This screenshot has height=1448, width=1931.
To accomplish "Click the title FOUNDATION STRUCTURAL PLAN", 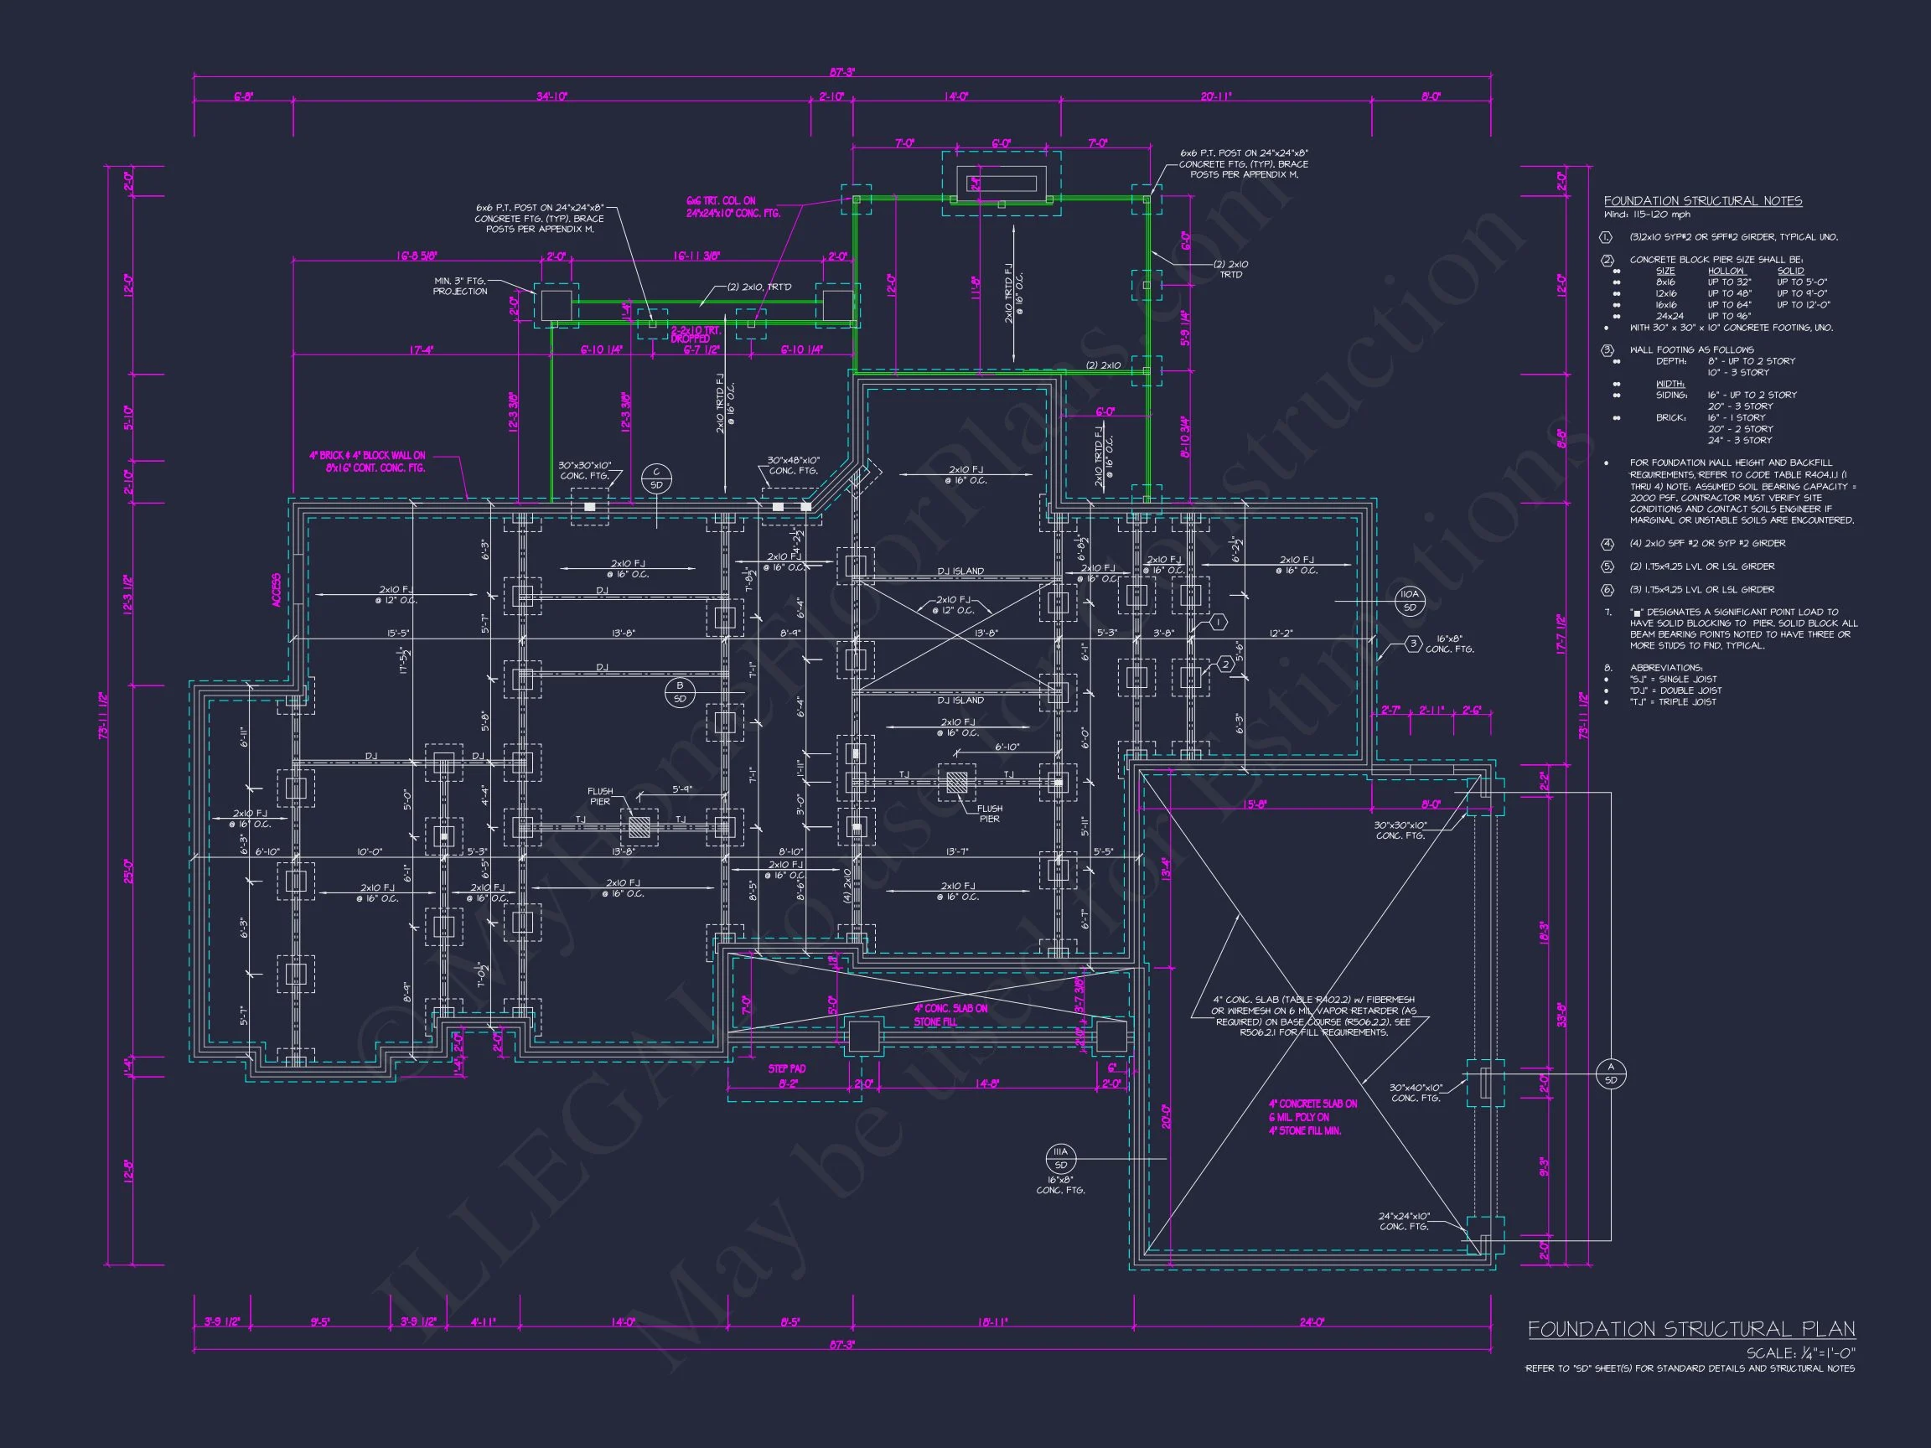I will coord(1691,1329).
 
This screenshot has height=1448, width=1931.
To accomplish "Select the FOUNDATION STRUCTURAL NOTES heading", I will coord(1702,201).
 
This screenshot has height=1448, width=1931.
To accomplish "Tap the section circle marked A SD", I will coord(1611,1073).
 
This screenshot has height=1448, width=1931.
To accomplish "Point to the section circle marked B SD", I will coord(679,692).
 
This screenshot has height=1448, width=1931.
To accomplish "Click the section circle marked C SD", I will coord(656,478).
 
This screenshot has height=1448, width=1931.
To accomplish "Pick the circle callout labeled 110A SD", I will coord(1410,601).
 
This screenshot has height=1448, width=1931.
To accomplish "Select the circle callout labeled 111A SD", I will coord(1061,1158).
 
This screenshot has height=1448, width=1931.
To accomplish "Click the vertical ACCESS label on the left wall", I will coord(277,591).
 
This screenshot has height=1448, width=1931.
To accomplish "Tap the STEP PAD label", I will coord(786,1068).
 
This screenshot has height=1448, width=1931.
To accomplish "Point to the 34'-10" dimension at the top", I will coord(551,96).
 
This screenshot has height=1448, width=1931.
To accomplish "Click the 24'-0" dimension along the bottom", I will coord(1311,1322).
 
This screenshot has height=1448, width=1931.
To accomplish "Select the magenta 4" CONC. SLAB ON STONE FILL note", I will coord(950,1014).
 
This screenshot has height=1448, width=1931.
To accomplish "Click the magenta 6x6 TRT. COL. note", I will coord(733,207).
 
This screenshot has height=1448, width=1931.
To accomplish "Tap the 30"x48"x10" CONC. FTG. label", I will coord(793,465).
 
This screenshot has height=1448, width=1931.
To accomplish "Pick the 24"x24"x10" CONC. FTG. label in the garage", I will coord(1404,1221).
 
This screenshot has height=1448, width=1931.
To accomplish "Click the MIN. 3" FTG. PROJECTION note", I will coord(460,287).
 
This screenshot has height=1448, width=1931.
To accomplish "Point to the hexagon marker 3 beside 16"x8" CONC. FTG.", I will coord(1413,644).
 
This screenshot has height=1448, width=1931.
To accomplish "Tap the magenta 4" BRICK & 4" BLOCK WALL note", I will coord(368,462).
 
